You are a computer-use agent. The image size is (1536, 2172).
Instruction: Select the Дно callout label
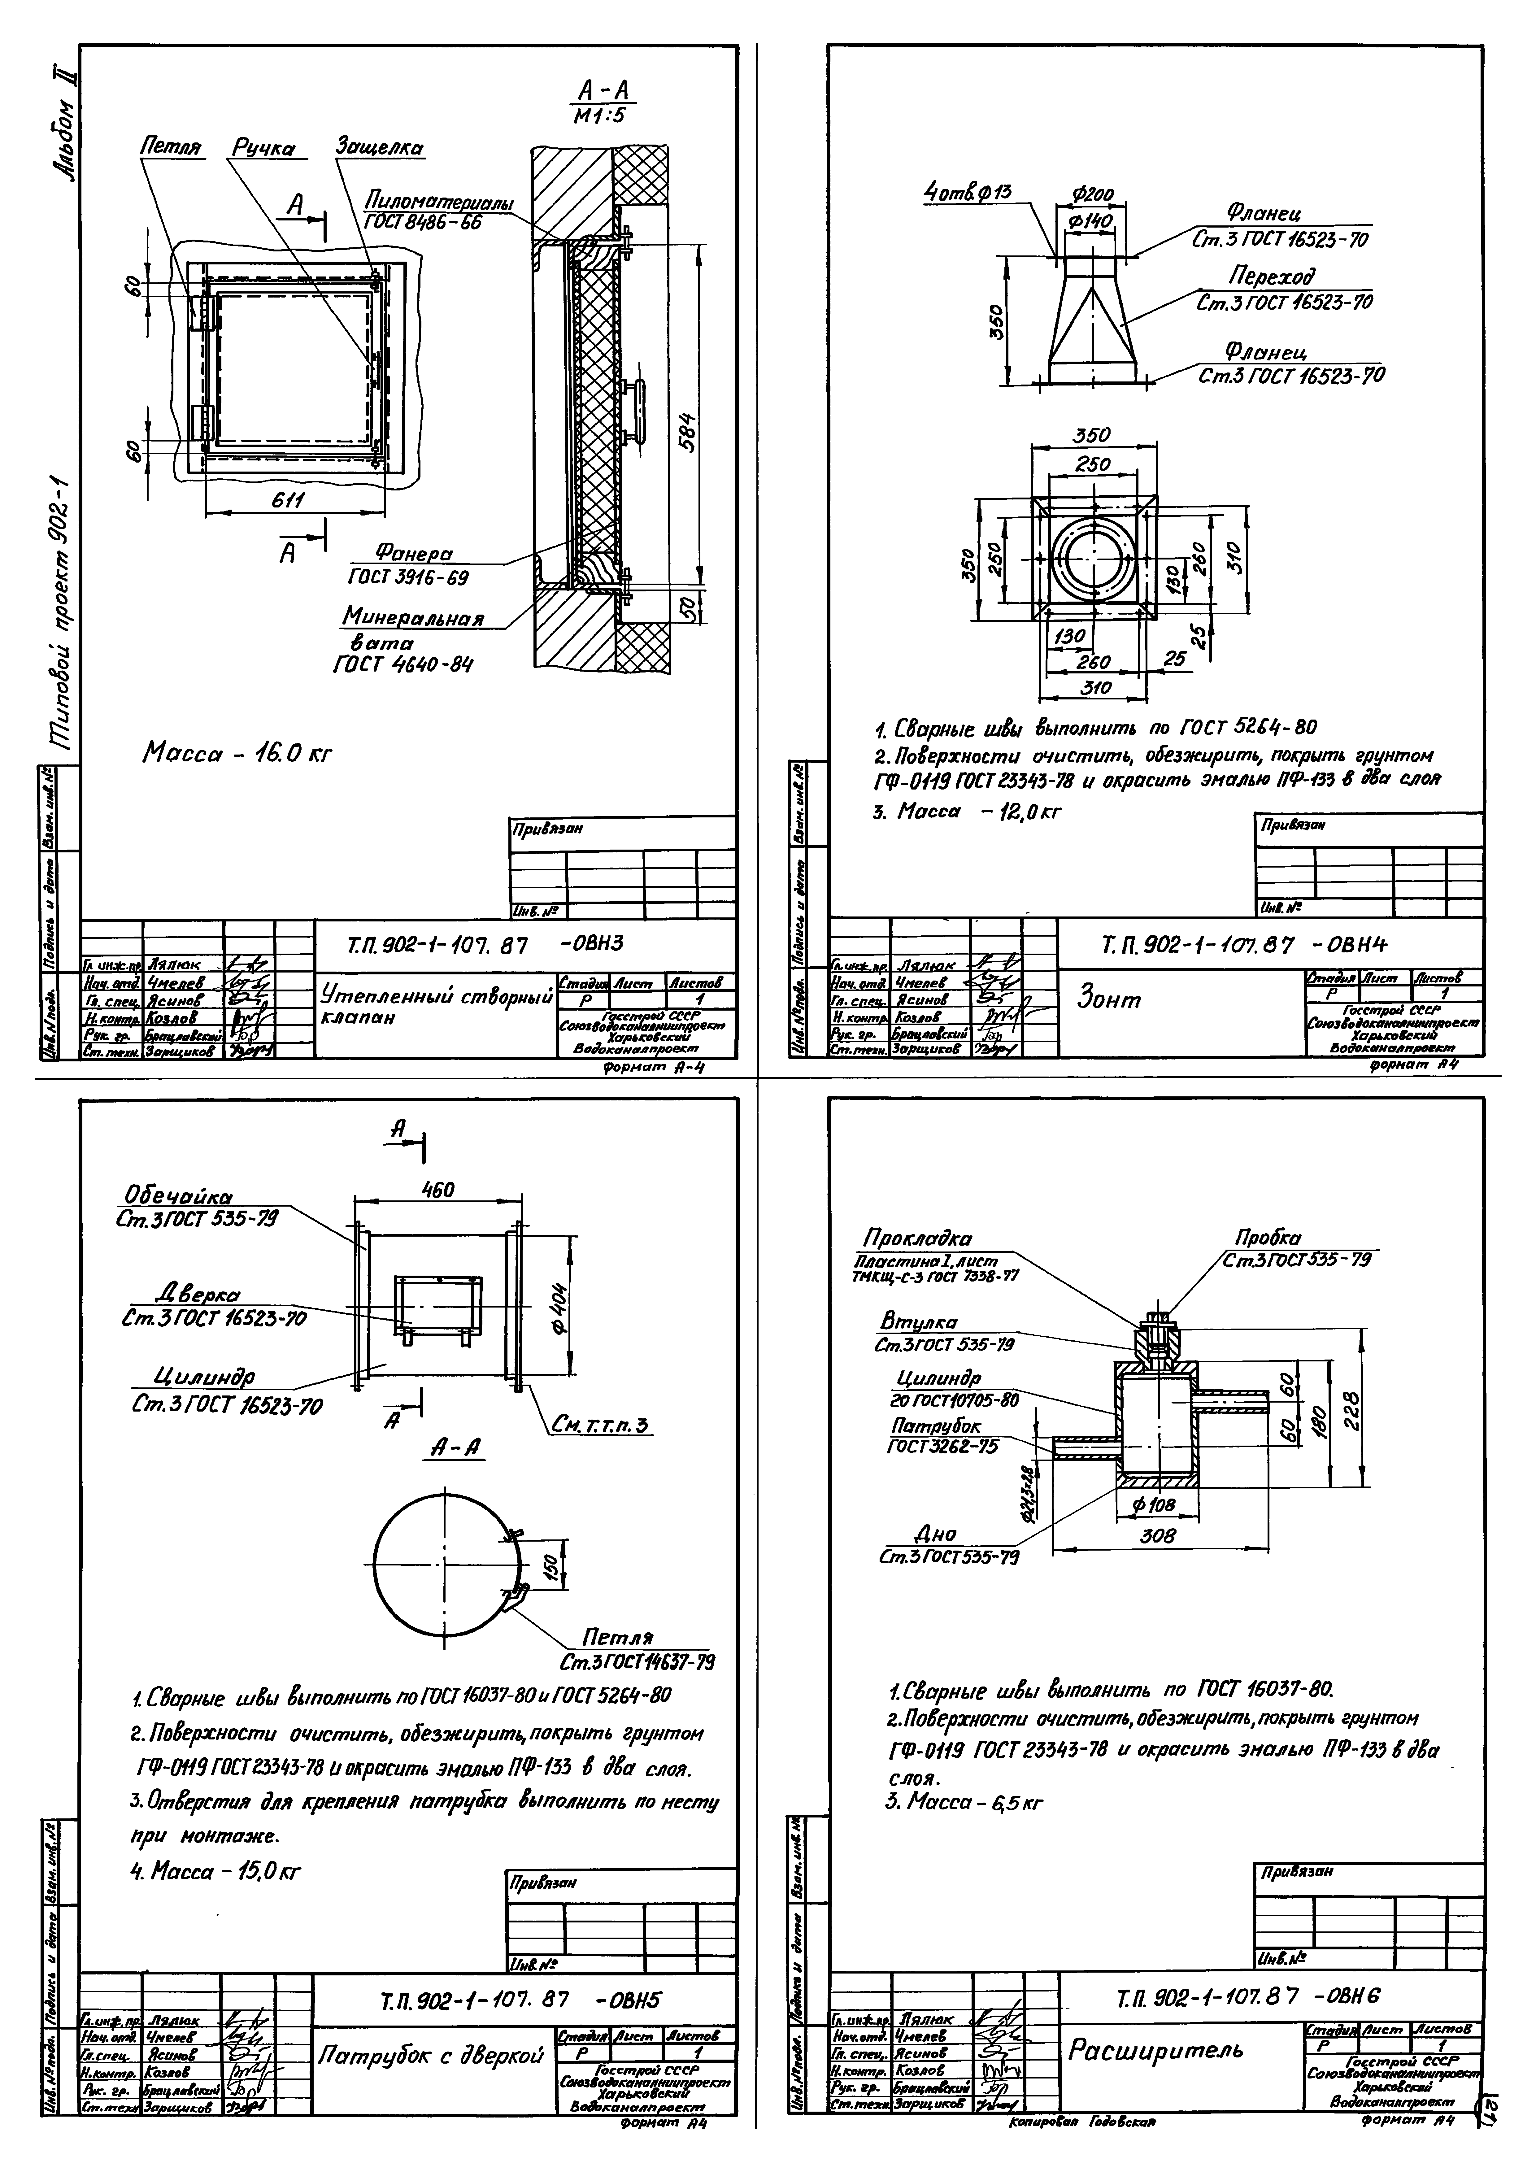[x=936, y=1534]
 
